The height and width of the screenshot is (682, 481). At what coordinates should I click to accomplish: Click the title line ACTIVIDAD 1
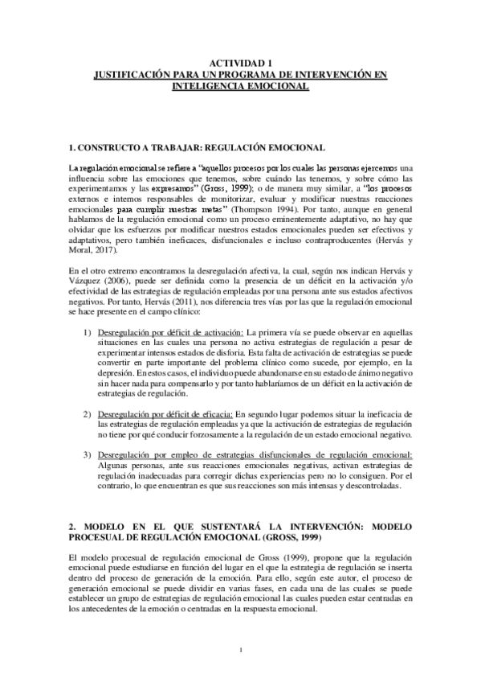[x=240, y=64]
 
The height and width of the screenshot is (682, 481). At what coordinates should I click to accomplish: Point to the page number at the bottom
[x=240, y=651]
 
